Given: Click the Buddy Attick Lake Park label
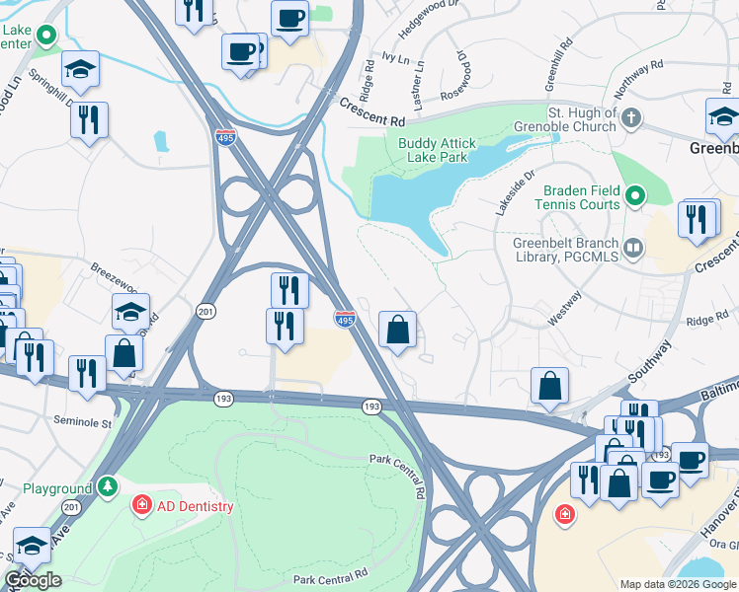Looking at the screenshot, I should click(445, 150).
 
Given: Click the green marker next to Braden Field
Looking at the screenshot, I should click(636, 196).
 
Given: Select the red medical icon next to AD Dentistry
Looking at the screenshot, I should click(143, 506).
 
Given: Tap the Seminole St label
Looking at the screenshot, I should click(35, 420).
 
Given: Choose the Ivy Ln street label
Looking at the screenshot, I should click(395, 60).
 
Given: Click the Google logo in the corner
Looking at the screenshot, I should click(33, 580).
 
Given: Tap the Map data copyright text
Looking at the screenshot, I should click(677, 584).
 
